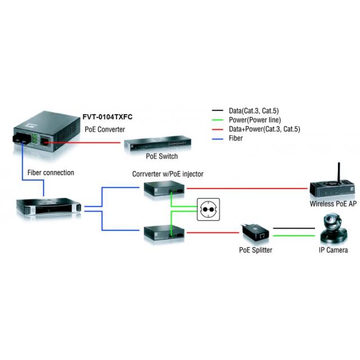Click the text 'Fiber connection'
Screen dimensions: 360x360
(50, 173)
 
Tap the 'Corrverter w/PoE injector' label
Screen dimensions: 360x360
(167, 174)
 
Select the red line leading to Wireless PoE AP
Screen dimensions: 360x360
(247, 190)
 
